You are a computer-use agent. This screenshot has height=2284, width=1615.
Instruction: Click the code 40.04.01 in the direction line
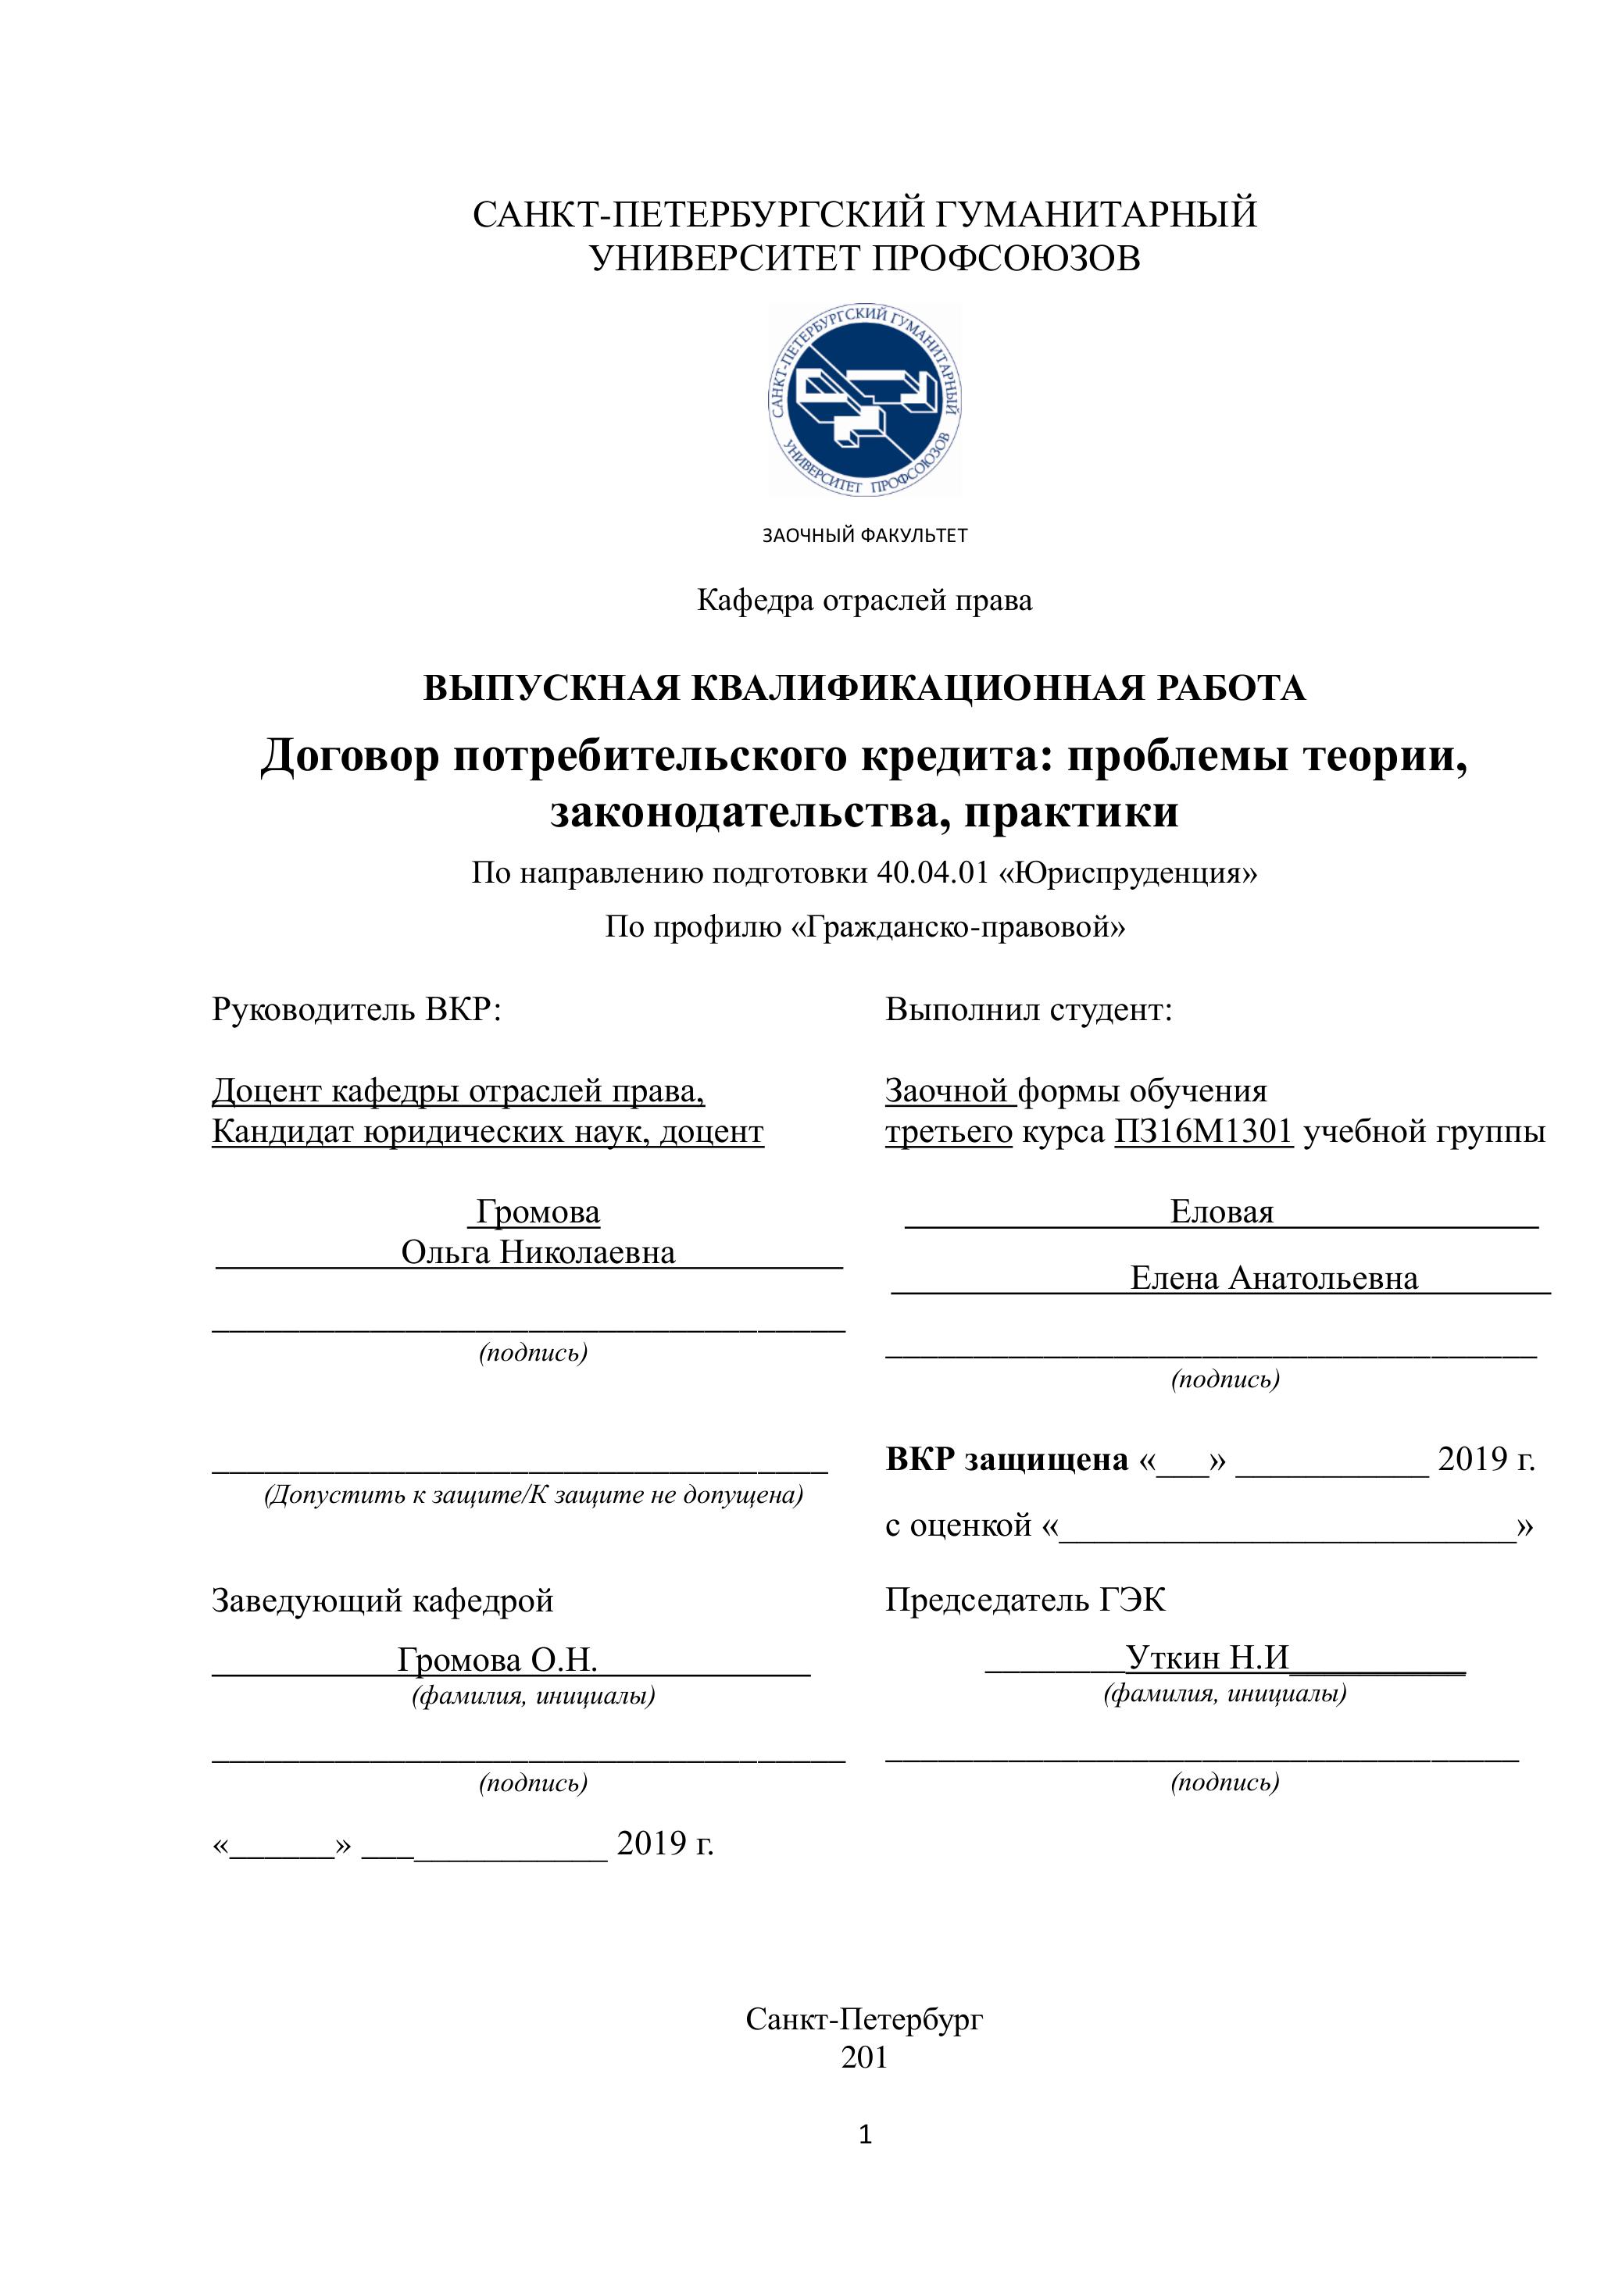pos(932,873)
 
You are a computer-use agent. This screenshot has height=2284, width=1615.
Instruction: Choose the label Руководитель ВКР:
pos(356,1010)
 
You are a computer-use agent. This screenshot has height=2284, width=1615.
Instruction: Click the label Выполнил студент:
pos(1029,1010)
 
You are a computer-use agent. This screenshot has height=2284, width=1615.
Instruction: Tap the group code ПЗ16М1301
pos(1203,1132)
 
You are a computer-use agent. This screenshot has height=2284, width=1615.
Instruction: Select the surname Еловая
pos(1221,1212)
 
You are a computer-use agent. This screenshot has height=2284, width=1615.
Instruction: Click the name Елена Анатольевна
pos(1274,1278)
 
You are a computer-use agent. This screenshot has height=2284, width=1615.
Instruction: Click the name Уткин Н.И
pos(1207,1658)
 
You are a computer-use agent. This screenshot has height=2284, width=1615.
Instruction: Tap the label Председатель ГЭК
pos(1025,1600)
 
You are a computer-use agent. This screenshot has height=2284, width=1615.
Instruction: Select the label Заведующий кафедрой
pos(382,1601)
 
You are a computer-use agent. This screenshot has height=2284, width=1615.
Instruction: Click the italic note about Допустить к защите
pos(534,1495)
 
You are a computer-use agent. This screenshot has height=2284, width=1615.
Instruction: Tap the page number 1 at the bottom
pos(865,2135)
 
